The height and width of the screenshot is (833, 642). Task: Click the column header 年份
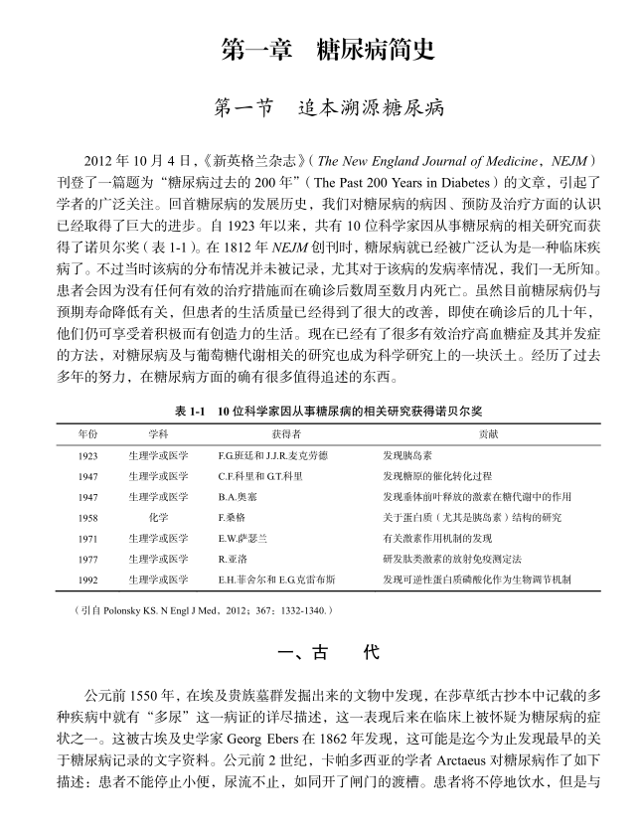[87, 433]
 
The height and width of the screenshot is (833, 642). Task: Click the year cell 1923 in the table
[87, 455]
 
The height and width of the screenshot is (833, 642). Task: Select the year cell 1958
[87, 518]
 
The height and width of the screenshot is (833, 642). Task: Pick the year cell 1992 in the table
[87, 580]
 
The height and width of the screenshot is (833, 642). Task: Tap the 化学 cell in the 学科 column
[158, 518]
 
